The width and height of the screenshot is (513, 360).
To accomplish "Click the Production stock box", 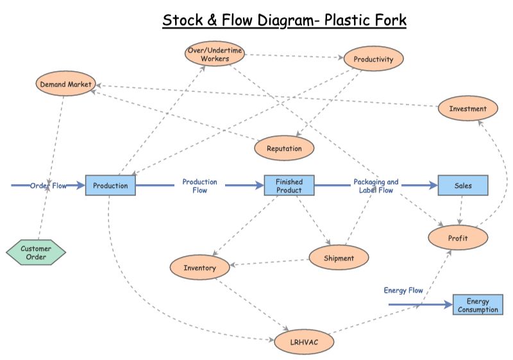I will point(110,185).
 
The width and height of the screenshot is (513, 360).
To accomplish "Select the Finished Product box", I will point(289,185).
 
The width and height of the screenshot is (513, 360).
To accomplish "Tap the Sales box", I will point(463,185).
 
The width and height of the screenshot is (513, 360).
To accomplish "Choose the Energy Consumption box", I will point(478,305).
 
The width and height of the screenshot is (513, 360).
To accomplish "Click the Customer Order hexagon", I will point(36,253).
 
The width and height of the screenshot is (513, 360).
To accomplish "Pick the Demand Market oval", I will point(66,84).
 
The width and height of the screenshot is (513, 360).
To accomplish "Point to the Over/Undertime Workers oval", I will point(215,54).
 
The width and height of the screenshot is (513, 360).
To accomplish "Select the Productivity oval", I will point(374,59).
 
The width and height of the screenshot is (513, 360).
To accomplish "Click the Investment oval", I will point(467,108).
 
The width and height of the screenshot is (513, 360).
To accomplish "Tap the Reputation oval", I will point(284,148).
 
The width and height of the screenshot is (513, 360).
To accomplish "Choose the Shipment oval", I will point(339,258).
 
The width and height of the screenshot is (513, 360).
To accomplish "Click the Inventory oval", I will point(199,268).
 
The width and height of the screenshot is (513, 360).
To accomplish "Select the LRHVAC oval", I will point(304,343).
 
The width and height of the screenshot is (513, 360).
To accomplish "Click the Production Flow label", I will point(199,186).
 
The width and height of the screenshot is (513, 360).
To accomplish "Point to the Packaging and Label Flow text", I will point(376,186).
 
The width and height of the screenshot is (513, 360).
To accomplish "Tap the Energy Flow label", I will point(403,291).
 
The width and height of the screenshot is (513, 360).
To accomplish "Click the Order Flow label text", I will point(48,185).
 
